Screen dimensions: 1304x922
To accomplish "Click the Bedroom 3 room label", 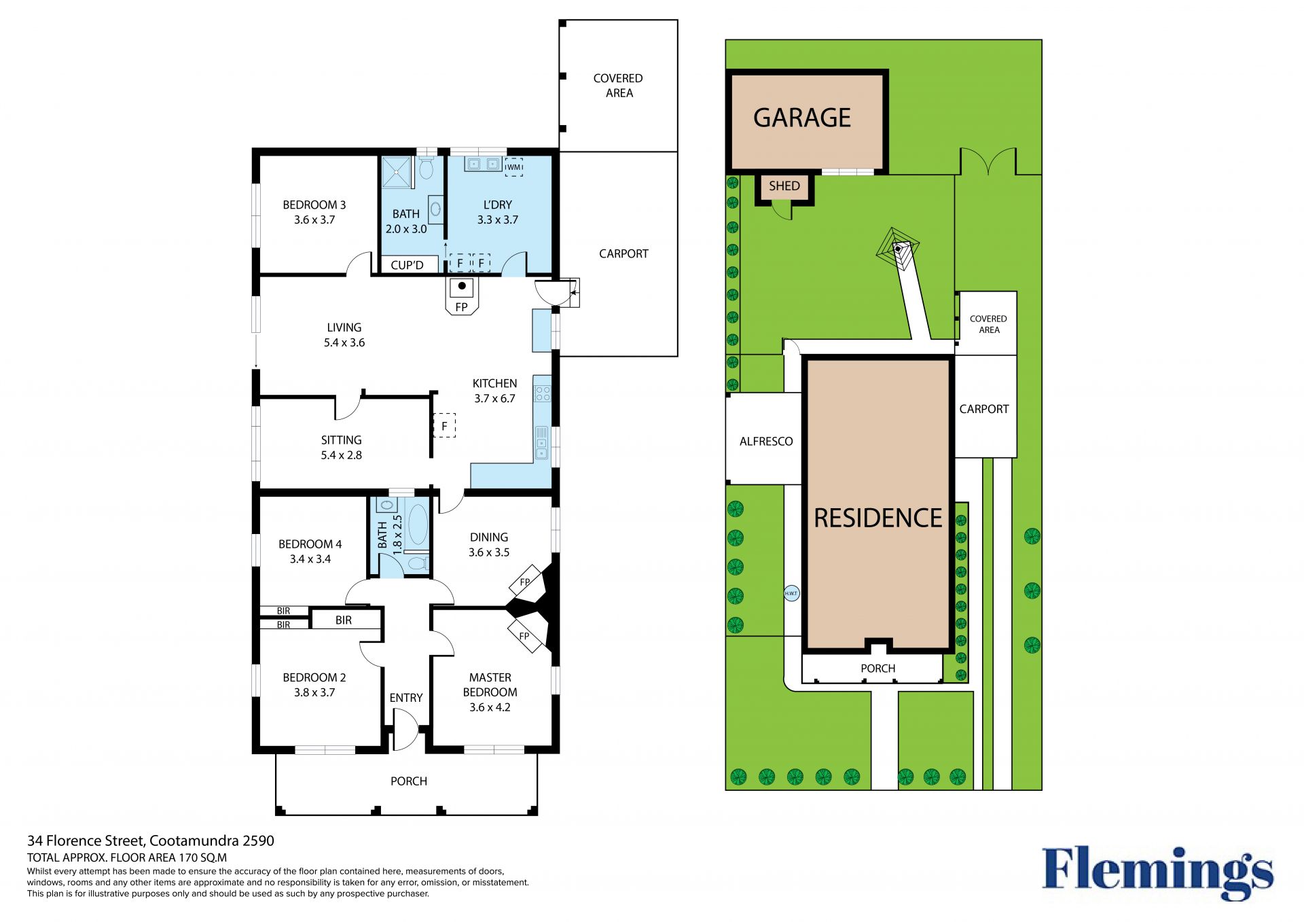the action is [x=314, y=205].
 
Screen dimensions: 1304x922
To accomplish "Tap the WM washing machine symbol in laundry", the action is [x=514, y=167].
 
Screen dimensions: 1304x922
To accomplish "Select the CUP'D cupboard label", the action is [x=407, y=265].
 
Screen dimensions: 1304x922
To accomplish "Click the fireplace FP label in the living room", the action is [x=462, y=307].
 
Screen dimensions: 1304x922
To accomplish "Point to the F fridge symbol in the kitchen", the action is [x=444, y=426].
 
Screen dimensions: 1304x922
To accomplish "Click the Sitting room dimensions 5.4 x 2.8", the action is [x=341, y=455].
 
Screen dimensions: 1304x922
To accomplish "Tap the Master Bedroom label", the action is [x=490, y=685].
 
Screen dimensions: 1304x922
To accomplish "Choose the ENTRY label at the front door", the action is [x=406, y=698].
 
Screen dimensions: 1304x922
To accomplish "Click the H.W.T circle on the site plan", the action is [x=791, y=593].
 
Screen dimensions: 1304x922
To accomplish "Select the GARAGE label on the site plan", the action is [x=802, y=118].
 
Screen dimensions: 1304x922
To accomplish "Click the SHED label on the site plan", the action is [x=784, y=185].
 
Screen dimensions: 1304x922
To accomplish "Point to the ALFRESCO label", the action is [x=766, y=441].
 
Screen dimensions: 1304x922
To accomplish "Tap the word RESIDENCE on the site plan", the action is [x=878, y=518].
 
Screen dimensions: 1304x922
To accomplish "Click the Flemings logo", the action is [x=1158, y=872].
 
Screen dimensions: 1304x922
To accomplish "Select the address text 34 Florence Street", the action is [x=86, y=841].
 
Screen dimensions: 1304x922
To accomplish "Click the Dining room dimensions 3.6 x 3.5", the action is [x=489, y=552].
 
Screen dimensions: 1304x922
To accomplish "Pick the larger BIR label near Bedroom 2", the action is [x=344, y=620].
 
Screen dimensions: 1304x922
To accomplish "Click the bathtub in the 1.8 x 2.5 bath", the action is [x=418, y=525].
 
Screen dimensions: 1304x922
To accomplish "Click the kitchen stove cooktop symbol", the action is [x=542, y=393].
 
